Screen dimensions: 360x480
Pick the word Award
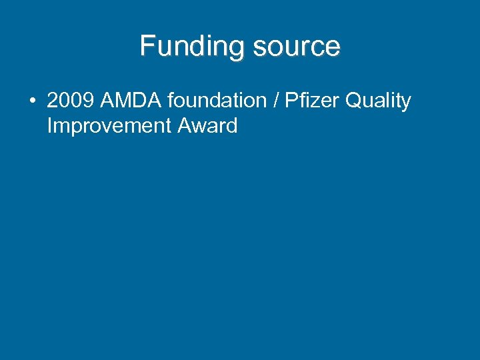pyautogui.click(x=207, y=126)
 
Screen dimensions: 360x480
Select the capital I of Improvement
pyautogui.click(x=49, y=126)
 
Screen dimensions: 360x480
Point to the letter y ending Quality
pyautogui.click(x=406, y=103)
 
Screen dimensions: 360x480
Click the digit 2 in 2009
pyautogui.click(x=53, y=101)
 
